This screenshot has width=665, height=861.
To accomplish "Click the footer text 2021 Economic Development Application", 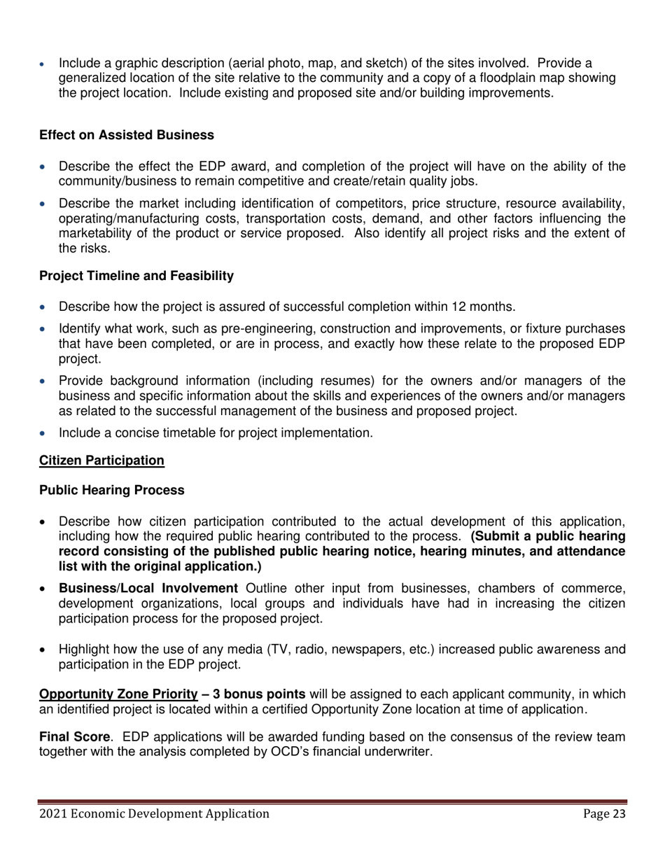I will coord(154,813).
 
